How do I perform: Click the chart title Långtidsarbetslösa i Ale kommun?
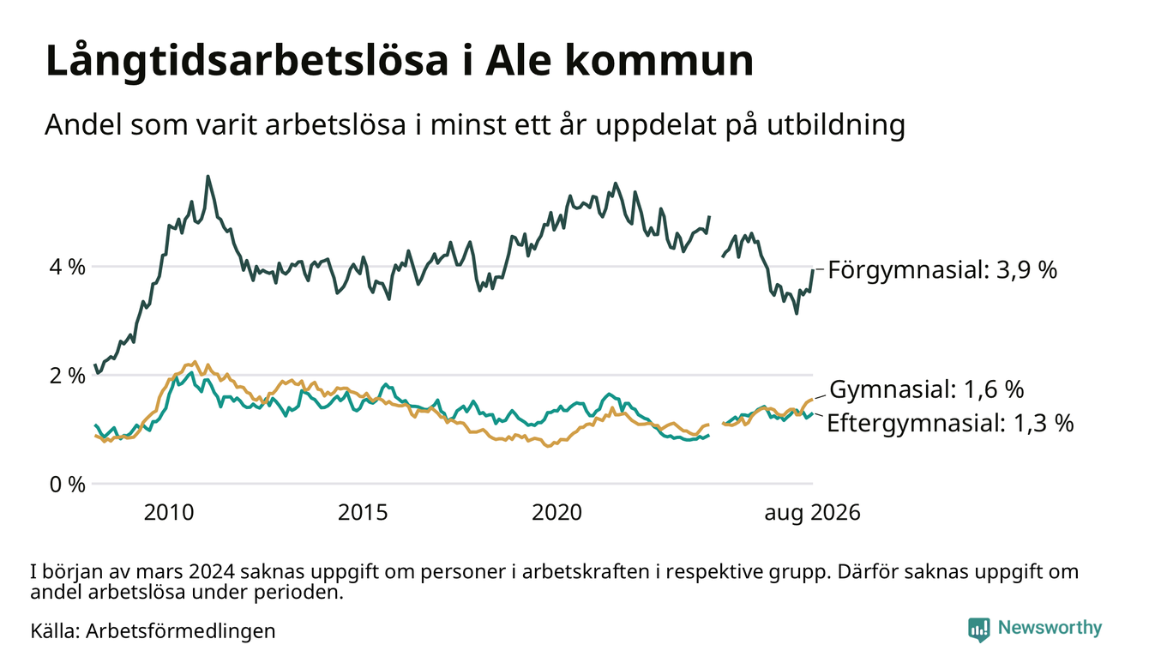tap(400, 62)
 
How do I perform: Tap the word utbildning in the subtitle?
tap(836, 124)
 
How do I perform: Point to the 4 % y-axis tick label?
tap(68, 268)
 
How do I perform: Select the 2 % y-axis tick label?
tap(68, 376)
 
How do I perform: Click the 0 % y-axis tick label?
tap(68, 485)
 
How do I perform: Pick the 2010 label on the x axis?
tap(169, 513)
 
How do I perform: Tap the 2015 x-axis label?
tap(363, 513)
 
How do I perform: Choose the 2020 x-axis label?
tap(556, 513)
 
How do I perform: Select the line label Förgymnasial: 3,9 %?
tap(943, 270)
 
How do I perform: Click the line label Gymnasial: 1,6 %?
tap(926, 389)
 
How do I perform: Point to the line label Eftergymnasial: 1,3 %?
tap(950, 423)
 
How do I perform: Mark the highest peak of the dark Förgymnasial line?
tap(208, 177)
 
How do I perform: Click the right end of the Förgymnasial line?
tap(813, 270)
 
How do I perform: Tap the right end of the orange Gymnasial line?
tap(813, 399)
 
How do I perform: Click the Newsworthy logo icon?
tap(978, 630)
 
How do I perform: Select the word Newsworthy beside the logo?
tap(1050, 628)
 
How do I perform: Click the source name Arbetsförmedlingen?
tap(181, 631)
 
